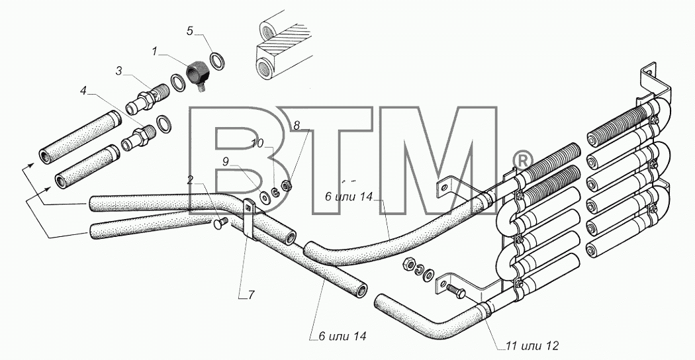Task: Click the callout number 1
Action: coord(154,52)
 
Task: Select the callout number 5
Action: coord(190,31)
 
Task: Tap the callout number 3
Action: coord(118,71)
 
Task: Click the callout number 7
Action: coord(252,295)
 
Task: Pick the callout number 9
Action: coord(226,161)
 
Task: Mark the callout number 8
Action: coord(297,126)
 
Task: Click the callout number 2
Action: coord(190,179)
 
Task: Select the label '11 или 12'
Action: coord(531,346)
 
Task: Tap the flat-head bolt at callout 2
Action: coord(220,223)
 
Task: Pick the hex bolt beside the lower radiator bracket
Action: coord(455,291)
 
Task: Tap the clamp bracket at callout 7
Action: coord(248,218)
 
